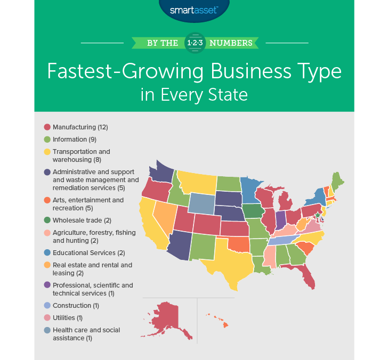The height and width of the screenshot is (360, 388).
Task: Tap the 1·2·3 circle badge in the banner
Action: pos(193,43)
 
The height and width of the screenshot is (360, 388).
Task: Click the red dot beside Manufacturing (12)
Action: pos(47,127)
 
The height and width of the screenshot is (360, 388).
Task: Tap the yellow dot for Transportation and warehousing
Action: pos(47,152)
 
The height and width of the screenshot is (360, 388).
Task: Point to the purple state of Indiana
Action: pos(280,219)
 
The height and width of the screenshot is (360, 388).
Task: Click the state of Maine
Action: pos(337,181)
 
